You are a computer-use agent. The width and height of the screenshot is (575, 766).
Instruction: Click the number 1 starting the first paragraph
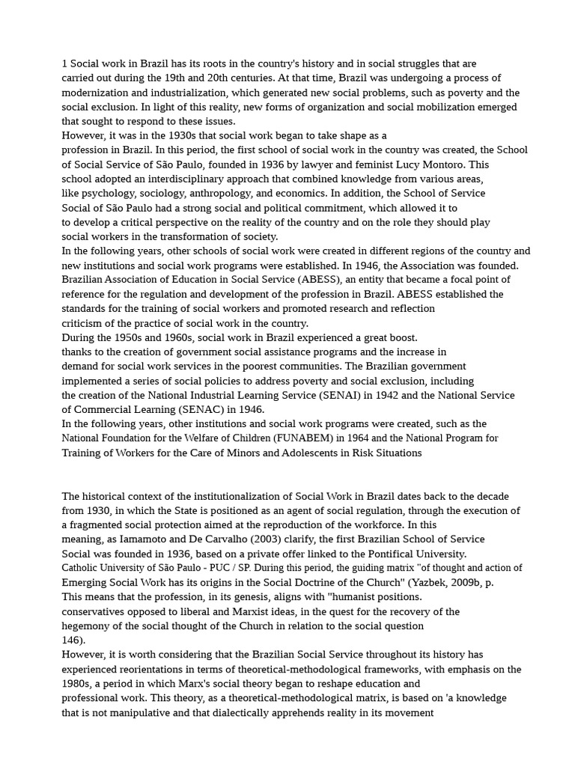[x=64, y=64]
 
